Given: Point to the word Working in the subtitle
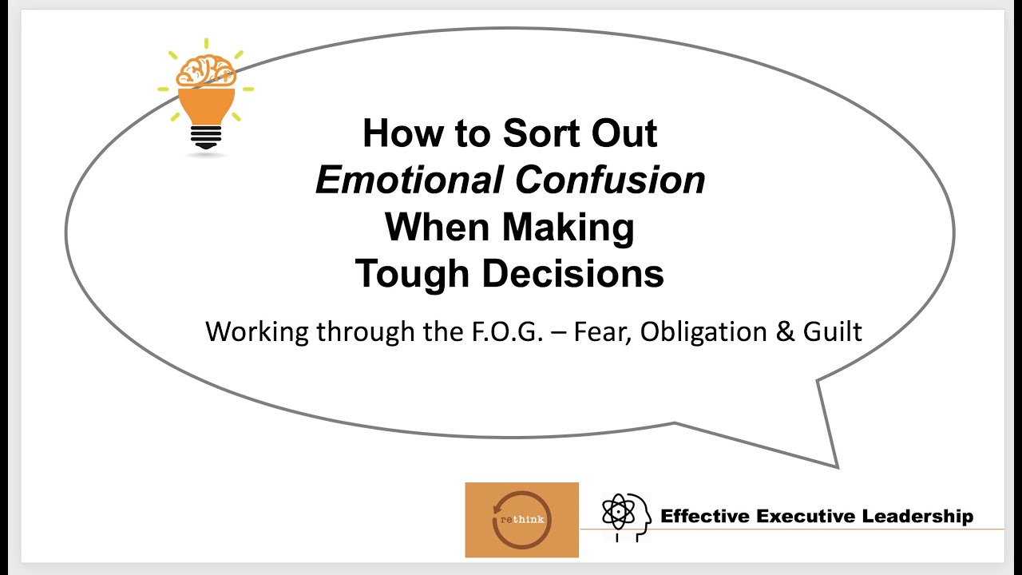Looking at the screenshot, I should [x=257, y=331].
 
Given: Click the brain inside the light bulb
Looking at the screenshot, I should [x=206, y=72].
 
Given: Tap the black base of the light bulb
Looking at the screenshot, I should [x=206, y=137].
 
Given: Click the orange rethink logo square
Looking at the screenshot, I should [x=521, y=519].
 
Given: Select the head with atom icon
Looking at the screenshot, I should [x=625, y=517].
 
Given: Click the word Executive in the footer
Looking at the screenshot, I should [x=805, y=516].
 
